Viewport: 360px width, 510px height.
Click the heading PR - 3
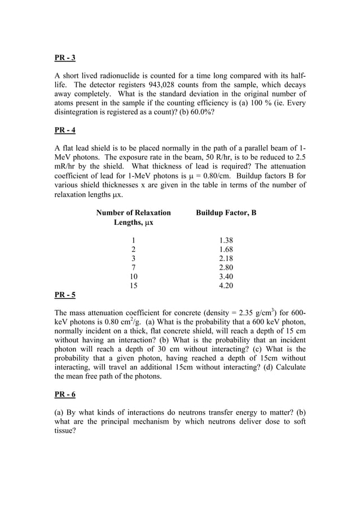[65, 58]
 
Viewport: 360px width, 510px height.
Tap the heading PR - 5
[65, 295]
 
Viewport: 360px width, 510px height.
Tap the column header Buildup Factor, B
[226, 213]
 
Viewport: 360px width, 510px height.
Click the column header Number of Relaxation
[134, 213]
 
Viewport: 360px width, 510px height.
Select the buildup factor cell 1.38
[226, 240]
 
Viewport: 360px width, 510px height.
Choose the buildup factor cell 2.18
[226, 258]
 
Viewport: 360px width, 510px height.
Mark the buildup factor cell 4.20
[226, 285]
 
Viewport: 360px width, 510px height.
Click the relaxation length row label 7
[134, 267]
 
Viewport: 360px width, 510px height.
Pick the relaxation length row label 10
[134, 276]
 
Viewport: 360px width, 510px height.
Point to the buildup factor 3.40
[226, 276]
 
